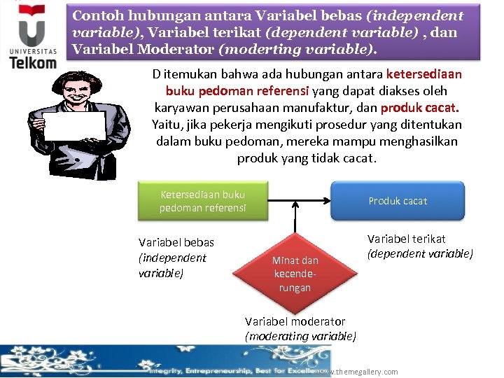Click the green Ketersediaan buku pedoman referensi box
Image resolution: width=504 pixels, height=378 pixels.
click(x=202, y=201)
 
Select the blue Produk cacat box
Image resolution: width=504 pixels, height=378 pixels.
click(x=397, y=201)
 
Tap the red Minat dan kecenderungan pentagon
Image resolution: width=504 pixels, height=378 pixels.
click(x=295, y=270)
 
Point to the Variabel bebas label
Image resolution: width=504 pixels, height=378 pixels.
click(x=176, y=242)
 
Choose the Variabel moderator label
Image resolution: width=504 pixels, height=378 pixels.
click(x=295, y=321)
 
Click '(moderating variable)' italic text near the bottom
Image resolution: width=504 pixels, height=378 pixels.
click(x=300, y=336)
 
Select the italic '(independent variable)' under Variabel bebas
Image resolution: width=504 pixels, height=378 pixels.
click(x=172, y=265)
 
